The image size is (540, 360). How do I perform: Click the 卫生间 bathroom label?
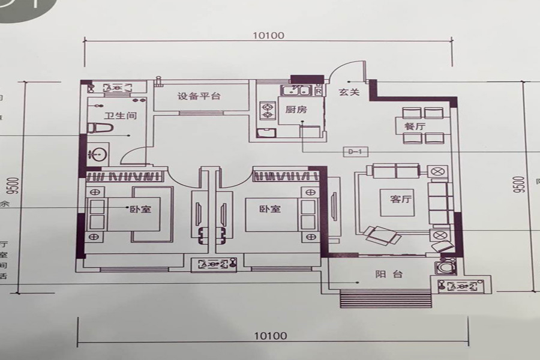(118, 116)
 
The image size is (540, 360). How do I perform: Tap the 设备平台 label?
(199, 96)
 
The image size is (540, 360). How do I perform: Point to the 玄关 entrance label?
(349, 92)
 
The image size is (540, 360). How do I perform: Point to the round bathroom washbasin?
(98, 154)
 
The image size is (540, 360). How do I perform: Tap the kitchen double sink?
(296, 91)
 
